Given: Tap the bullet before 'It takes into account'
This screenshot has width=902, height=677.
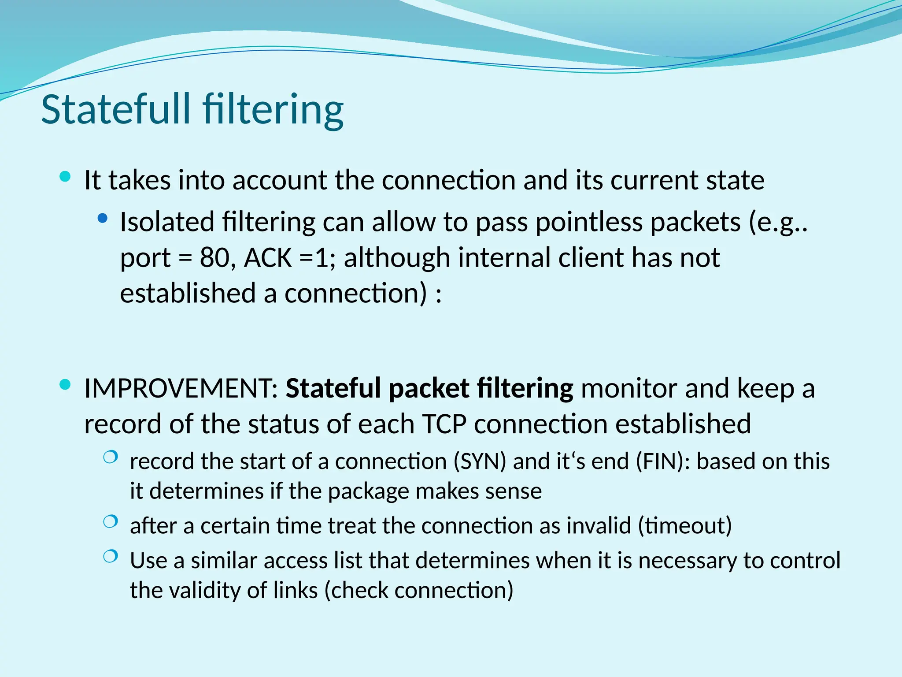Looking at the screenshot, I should pyautogui.click(x=65, y=177).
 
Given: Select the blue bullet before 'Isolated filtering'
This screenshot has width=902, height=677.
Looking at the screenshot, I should pyautogui.click(x=103, y=218).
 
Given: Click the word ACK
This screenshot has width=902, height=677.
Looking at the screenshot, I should pyautogui.click(x=267, y=258).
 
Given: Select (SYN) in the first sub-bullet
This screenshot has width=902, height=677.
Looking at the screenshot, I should pyautogui.click(x=480, y=462).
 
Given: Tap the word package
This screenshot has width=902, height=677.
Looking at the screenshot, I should pyautogui.click(x=368, y=492).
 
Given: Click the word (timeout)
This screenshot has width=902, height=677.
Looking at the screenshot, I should pyautogui.click(x=685, y=526).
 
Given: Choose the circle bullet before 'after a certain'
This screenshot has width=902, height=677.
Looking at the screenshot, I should pyautogui.click(x=110, y=522).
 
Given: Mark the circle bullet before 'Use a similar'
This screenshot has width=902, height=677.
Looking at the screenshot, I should pyautogui.click(x=110, y=557).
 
